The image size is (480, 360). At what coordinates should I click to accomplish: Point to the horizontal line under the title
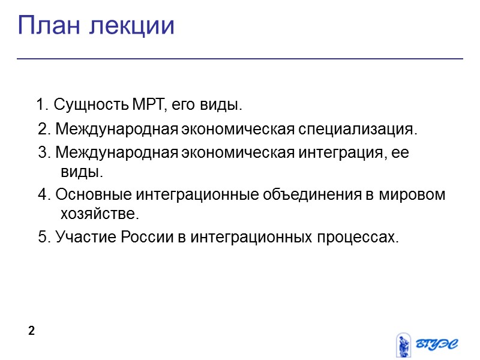point(240,59)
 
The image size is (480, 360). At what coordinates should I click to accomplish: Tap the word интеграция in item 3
point(336,152)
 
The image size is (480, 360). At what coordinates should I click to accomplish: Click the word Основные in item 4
point(92,196)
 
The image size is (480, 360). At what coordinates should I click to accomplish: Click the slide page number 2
point(32,331)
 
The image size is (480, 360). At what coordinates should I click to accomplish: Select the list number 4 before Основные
point(42,196)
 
